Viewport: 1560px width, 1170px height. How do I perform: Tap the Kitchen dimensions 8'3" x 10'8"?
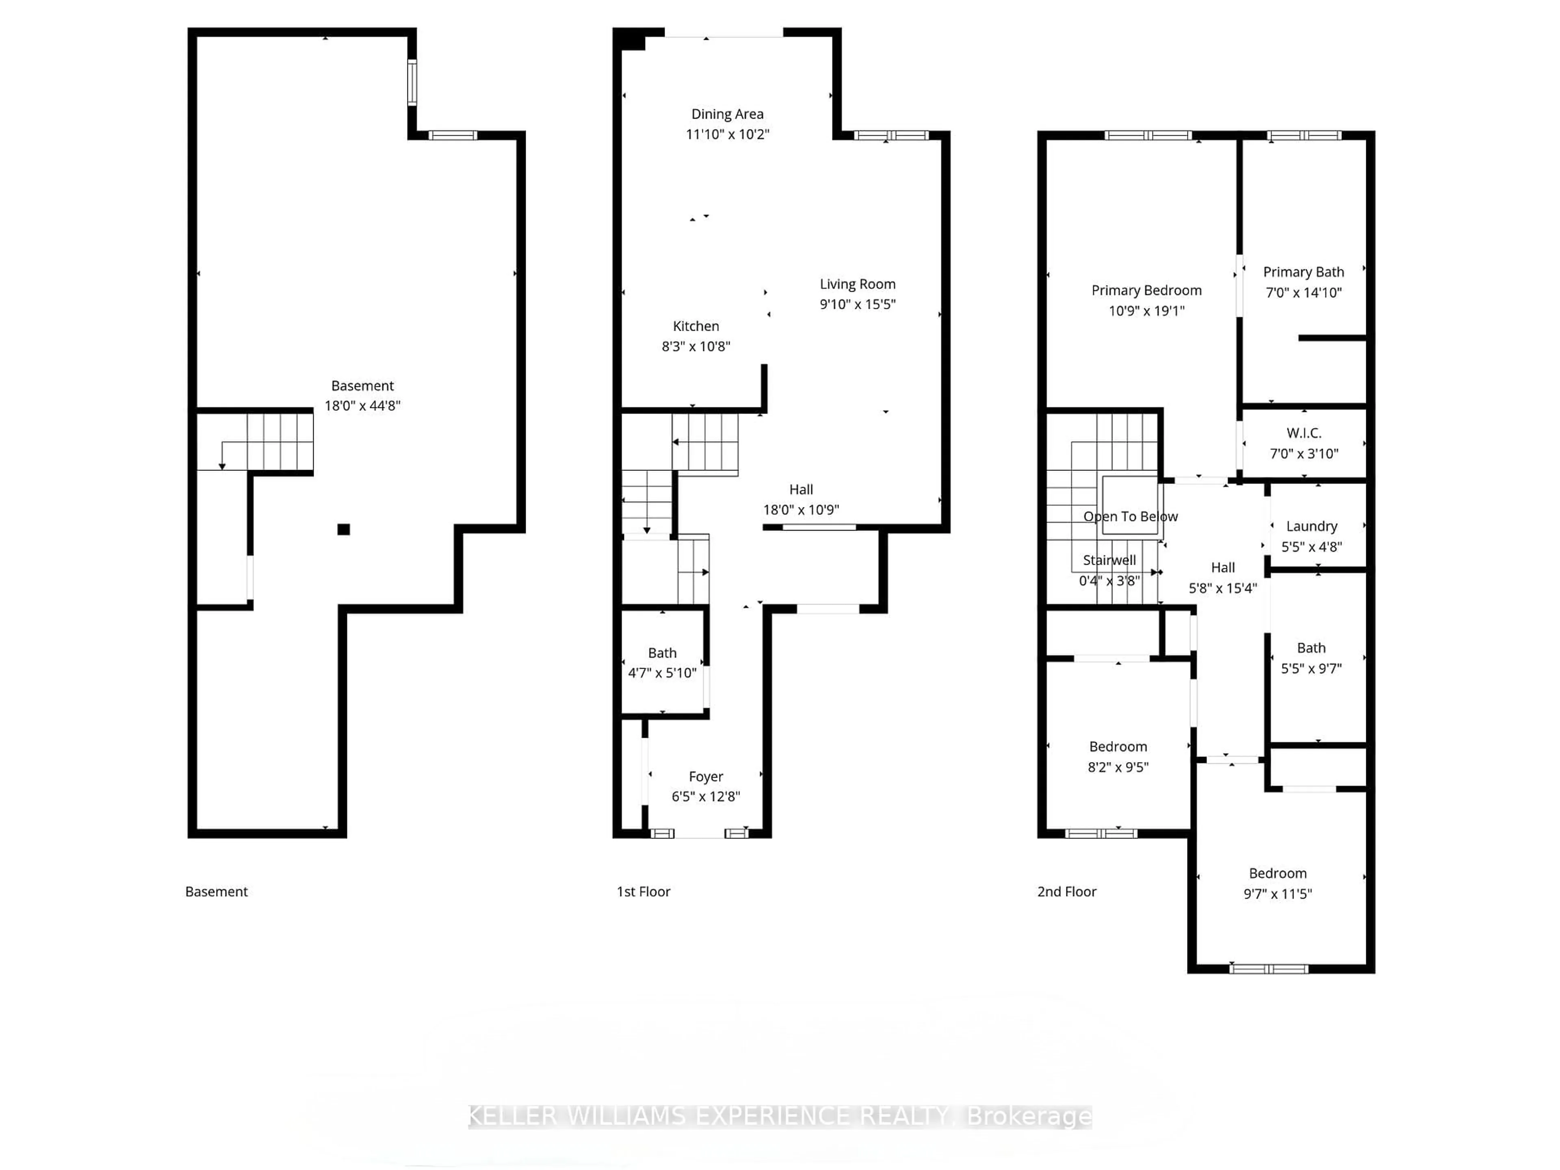(x=695, y=346)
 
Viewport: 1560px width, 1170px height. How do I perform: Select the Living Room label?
(x=857, y=284)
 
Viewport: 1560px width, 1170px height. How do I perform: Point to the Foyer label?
(x=705, y=776)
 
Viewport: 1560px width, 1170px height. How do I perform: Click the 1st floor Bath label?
(x=661, y=653)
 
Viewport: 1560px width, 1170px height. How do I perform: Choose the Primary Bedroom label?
(x=1146, y=290)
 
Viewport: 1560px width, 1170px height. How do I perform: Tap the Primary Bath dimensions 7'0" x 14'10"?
(x=1302, y=292)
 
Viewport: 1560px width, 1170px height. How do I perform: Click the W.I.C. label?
(x=1303, y=433)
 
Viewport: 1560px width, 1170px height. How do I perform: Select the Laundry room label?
(x=1311, y=526)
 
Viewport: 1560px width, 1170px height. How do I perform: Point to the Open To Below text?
(x=1130, y=516)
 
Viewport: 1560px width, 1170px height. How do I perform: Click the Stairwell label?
(x=1109, y=560)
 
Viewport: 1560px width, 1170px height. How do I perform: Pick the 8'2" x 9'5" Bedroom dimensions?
(x=1118, y=767)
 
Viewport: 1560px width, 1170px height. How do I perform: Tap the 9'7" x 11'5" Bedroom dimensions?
(x=1277, y=893)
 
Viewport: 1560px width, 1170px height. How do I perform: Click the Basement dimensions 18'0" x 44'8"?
(x=362, y=405)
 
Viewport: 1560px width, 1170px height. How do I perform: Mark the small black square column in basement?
(x=343, y=530)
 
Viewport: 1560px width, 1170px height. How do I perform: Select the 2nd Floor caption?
(x=1066, y=891)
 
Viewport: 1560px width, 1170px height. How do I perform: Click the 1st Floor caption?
(x=643, y=891)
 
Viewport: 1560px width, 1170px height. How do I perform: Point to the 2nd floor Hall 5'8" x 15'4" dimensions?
(x=1222, y=588)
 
